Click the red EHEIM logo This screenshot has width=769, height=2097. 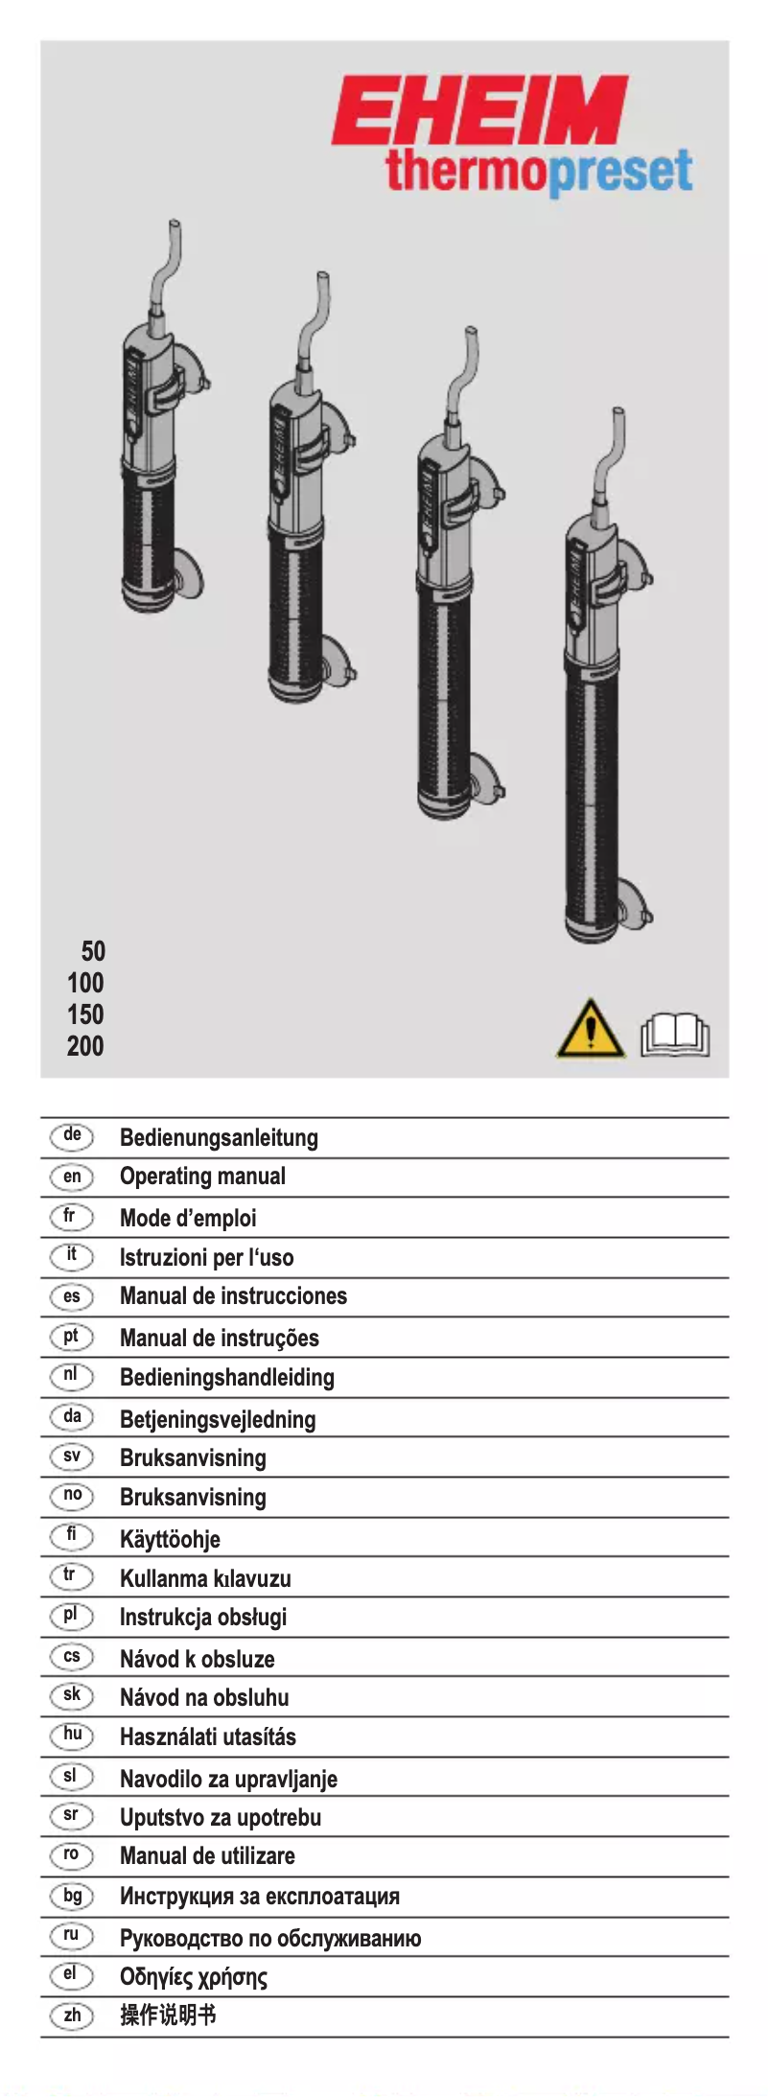pos(479,110)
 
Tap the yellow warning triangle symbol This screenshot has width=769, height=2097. pos(590,1030)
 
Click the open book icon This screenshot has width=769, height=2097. pos(675,1035)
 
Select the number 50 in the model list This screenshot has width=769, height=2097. pos(93,951)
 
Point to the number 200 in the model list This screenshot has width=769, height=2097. pos(85,1046)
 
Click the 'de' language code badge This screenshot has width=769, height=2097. pos(72,1136)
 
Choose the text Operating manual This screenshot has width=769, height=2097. pos(202,1177)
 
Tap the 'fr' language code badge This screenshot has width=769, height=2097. pos(70,1217)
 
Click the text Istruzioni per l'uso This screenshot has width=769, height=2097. pos(206,1257)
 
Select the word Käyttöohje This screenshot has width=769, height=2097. pos(170,1539)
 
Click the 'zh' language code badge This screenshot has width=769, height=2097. pos(72,2015)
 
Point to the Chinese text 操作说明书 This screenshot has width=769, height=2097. pos(168,2015)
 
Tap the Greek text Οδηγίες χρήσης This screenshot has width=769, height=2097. pos(193,1976)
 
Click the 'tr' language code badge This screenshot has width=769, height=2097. pos(70,1576)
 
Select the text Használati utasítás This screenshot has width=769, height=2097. pos(207,1736)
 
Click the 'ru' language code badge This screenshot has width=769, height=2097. pos(71,1936)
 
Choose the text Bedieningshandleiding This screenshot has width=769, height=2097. pos(226,1378)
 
